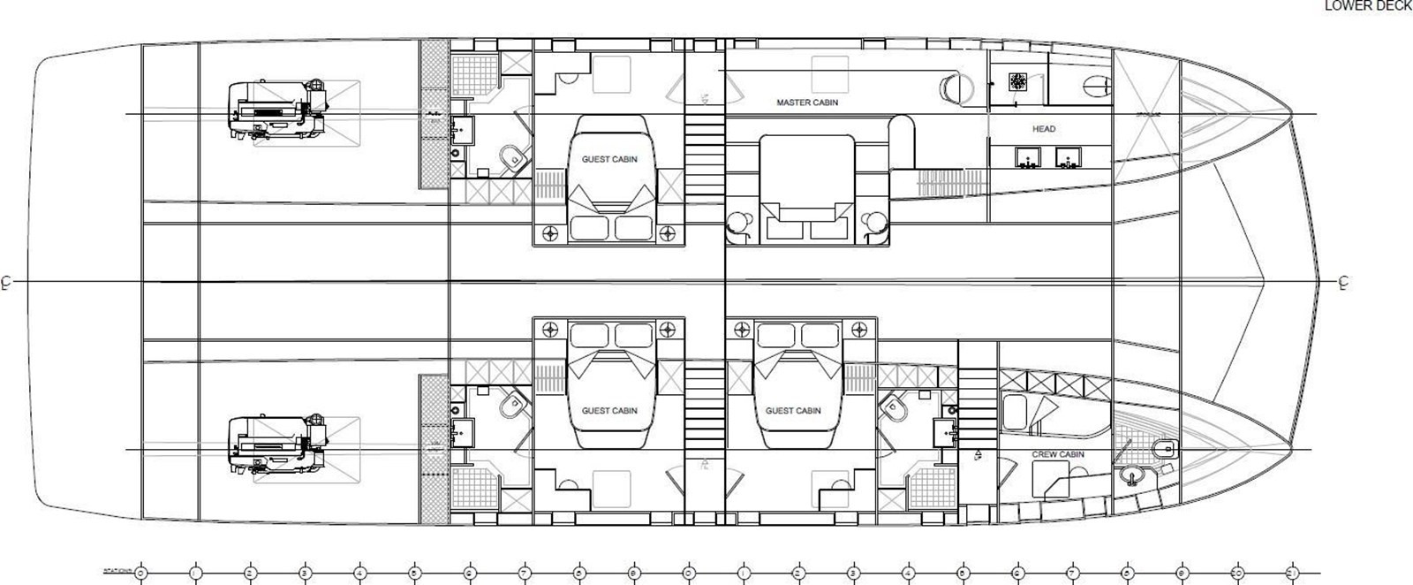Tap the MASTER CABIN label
(x=807, y=103)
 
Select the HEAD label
(x=1044, y=129)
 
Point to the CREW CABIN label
(x=1058, y=454)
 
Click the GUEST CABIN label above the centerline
(x=609, y=160)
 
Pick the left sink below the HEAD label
(x=1027, y=158)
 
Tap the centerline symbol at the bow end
(x=1343, y=283)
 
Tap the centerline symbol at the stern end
(x=6, y=283)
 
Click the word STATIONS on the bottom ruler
(x=115, y=572)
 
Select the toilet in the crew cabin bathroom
(x=1165, y=446)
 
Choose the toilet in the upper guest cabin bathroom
(x=512, y=159)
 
